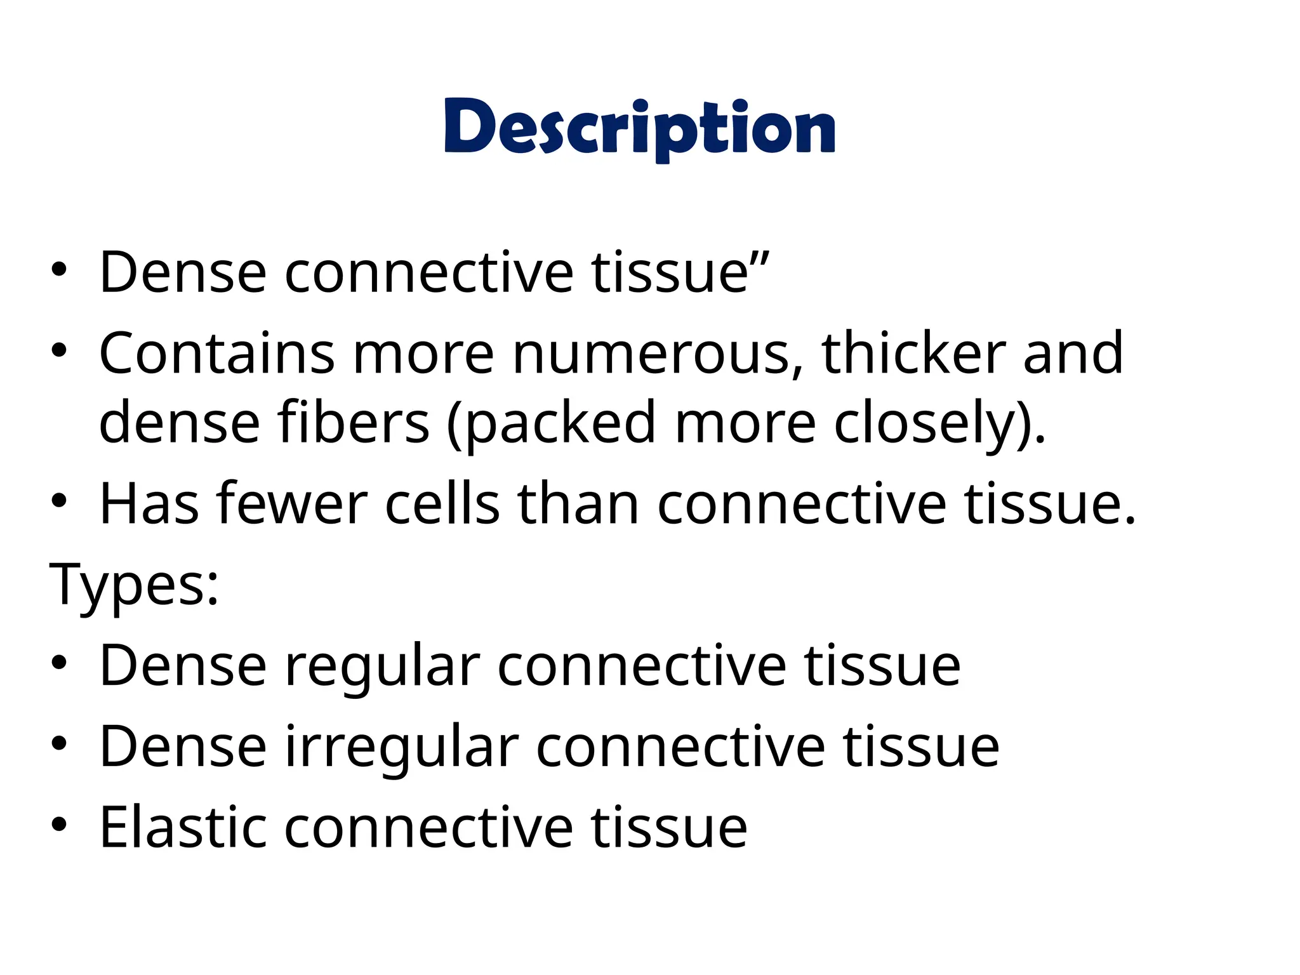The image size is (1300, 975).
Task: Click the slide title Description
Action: [640, 128]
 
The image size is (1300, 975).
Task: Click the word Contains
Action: [216, 353]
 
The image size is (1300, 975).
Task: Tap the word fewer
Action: [292, 504]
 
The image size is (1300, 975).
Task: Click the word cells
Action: [442, 504]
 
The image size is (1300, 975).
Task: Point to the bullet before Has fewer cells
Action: [59, 501]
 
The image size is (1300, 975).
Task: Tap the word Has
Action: [149, 504]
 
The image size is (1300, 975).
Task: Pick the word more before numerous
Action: [423, 354]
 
